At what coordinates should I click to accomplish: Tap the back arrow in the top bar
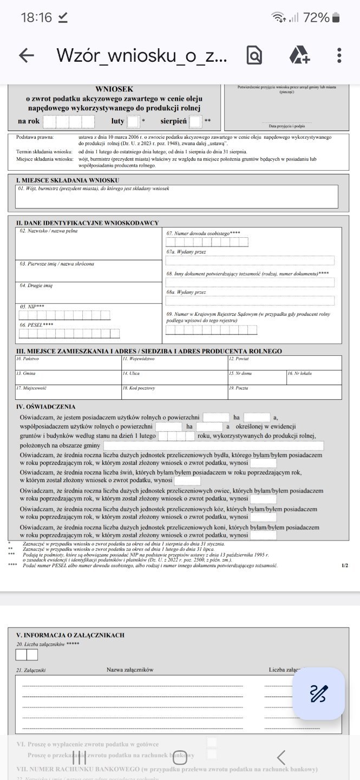click(x=26, y=55)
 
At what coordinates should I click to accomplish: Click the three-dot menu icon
click(x=339, y=55)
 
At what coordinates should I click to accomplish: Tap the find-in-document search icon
click(x=254, y=55)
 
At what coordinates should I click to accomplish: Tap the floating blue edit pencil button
click(x=318, y=693)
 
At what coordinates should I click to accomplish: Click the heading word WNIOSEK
click(x=114, y=89)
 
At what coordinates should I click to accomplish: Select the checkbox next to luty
click(x=133, y=121)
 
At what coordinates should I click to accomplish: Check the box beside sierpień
click(x=195, y=121)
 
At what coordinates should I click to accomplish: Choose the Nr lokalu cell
click(x=314, y=377)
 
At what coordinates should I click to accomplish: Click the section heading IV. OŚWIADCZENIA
click(x=46, y=406)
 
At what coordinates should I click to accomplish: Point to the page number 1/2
click(x=345, y=565)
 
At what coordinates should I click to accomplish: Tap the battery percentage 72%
click(x=316, y=17)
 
